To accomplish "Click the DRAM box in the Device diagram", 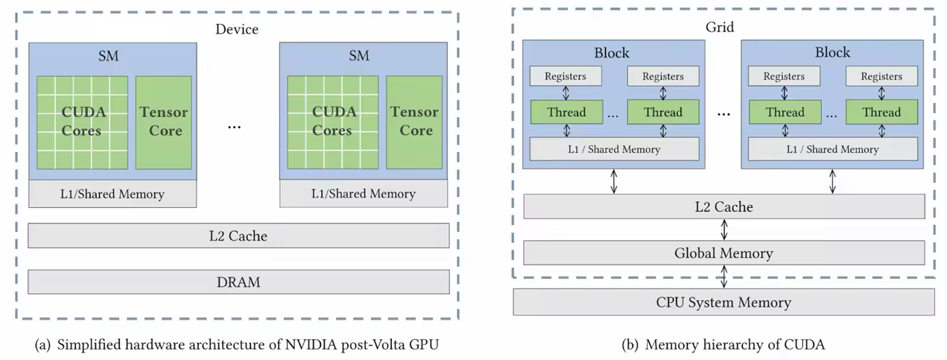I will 238,282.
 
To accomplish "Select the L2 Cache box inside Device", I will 238,236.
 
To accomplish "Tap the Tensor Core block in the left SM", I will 163,121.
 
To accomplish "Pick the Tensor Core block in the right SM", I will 414,121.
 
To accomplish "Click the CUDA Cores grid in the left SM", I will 82,121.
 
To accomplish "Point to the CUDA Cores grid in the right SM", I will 332,121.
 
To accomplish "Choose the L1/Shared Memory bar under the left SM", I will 113,194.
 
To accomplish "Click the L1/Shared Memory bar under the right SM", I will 364,194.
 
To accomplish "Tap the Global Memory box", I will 723,253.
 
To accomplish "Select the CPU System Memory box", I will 723,302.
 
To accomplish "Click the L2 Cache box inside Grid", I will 723,206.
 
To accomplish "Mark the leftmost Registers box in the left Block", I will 566,76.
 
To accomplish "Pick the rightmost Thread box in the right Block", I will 881,113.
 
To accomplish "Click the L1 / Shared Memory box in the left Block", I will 614,149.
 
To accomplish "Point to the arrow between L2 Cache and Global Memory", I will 723,230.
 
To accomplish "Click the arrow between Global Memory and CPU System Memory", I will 723,277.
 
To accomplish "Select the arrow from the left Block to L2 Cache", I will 614,181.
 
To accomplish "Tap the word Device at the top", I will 237,30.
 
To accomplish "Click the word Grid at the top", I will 720,28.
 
